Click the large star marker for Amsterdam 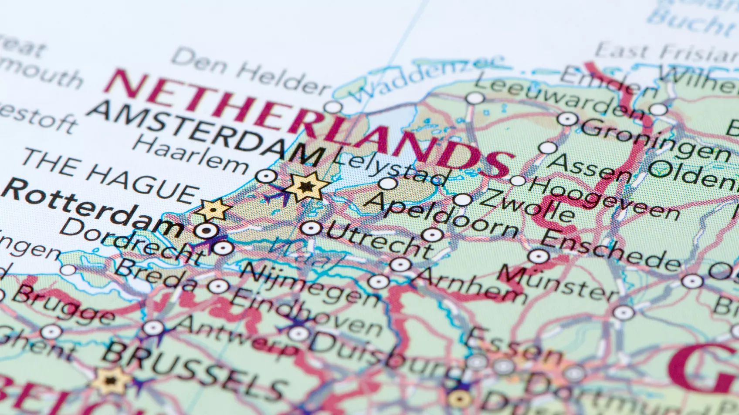coord(307,187)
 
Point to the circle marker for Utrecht coord(311,228)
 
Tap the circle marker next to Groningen coord(567,119)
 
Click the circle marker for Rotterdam coord(205,230)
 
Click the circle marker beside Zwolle coord(462,200)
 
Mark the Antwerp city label coord(235,335)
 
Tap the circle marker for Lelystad coord(387,183)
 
